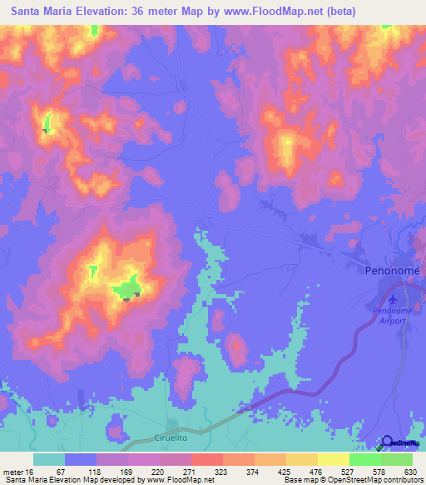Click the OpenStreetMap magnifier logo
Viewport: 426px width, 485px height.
coord(388,442)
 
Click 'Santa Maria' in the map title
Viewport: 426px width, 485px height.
coord(40,12)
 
